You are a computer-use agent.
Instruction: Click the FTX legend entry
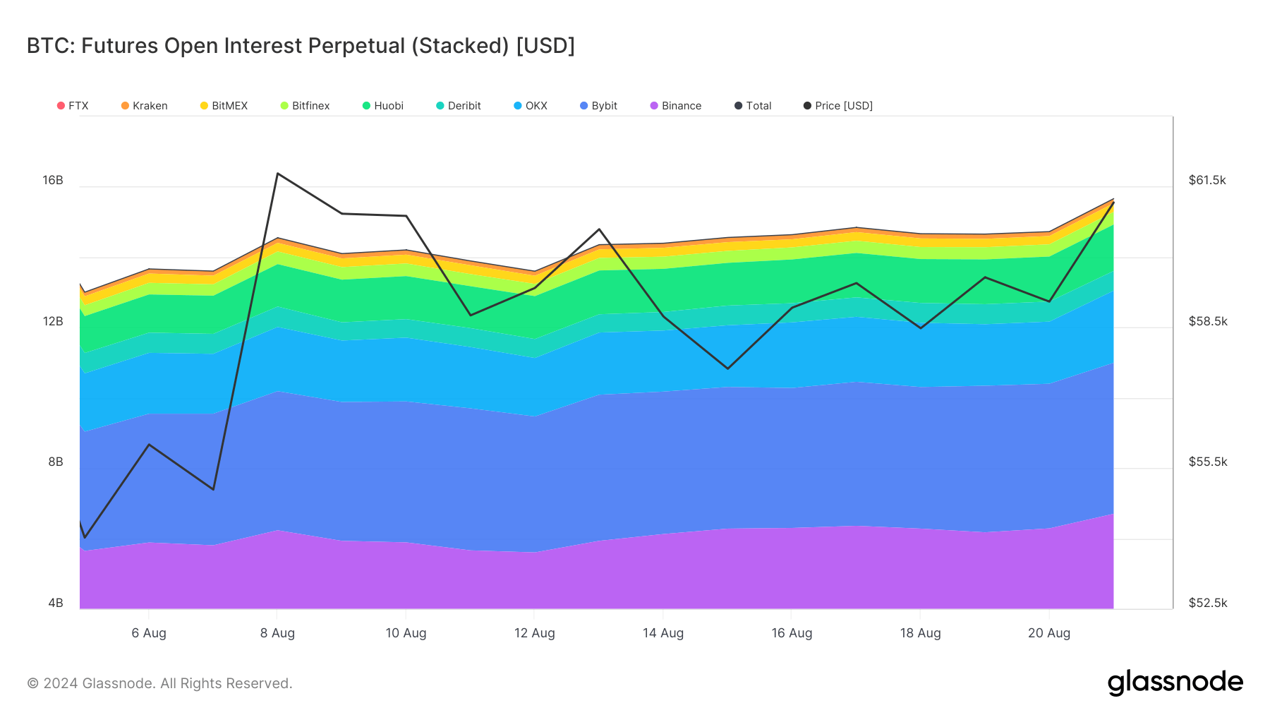pyautogui.click(x=73, y=106)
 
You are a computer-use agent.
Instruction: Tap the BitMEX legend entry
pyautogui.click(x=224, y=106)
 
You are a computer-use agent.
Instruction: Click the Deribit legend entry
pyautogui.click(x=459, y=106)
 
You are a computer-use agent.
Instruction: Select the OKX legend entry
pyautogui.click(x=531, y=106)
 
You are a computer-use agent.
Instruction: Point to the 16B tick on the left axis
pyautogui.click(x=53, y=180)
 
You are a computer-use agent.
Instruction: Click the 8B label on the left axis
pyautogui.click(x=56, y=462)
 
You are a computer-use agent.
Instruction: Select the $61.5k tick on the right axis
pyautogui.click(x=1207, y=180)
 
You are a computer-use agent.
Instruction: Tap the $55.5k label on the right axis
pyautogui.click(x=1208, y=462)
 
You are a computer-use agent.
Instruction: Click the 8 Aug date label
pyautogui.click(x=277, y=633)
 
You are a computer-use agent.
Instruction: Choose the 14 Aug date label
pyautogui.click(x=663, y=633)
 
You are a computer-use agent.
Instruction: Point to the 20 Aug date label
pyautogui.click(x=1049, y=633)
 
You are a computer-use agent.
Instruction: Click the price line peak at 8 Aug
pyautogui.click(x=278, y=174)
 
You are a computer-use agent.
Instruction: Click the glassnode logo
pyautogui.click(x=1175, y=683)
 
